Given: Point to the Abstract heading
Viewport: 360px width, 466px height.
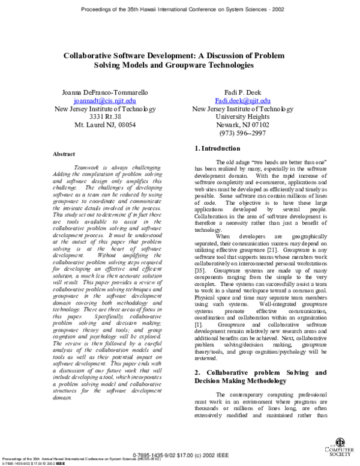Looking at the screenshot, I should click(x=64, y=154).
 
